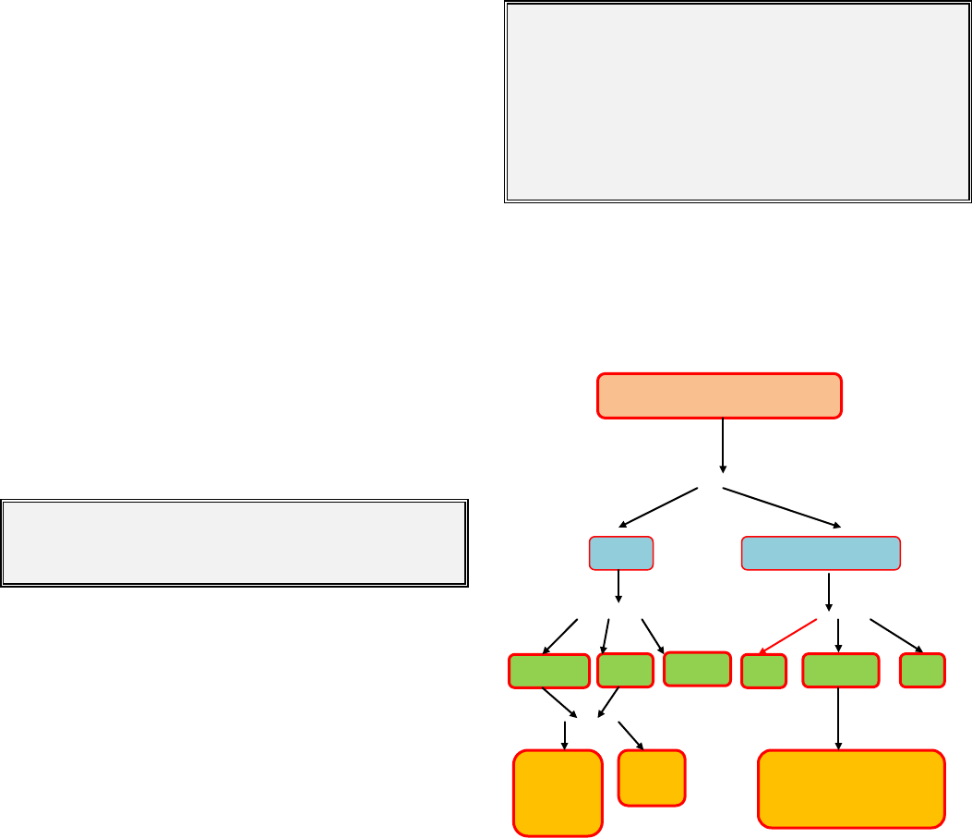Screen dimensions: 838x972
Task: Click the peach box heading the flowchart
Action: (x=719, y=395)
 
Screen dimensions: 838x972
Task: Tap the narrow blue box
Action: (x=621, y=553)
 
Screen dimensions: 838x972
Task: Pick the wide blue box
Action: (x=821, y=553)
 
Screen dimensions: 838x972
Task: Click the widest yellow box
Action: (x=851, y=788)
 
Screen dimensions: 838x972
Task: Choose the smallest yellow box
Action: (x=652, y=777)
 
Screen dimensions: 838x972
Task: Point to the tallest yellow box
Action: (x=558, y=793)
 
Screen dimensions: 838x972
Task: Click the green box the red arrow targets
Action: (x=763, y=671)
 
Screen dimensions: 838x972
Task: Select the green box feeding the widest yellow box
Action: (x=840, y=670)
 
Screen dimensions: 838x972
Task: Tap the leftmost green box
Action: (x=549, y=671)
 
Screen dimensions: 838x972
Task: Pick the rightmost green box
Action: (x=922, y=670)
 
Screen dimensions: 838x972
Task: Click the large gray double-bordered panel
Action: (x=738, y=103)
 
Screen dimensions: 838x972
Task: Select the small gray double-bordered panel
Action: (x=234, y=543)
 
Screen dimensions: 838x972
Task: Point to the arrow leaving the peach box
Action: (x=722, y=445)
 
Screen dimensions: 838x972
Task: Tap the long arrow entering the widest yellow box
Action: (x=838, y=718)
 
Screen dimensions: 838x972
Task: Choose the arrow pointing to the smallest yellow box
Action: (x=631, y=734)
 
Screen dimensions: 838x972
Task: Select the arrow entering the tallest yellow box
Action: (x=564, y=735)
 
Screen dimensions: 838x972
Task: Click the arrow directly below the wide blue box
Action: (x=829, y=591)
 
